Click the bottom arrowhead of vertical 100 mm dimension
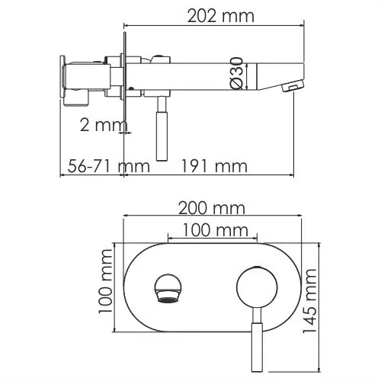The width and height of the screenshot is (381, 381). pos(114,331)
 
